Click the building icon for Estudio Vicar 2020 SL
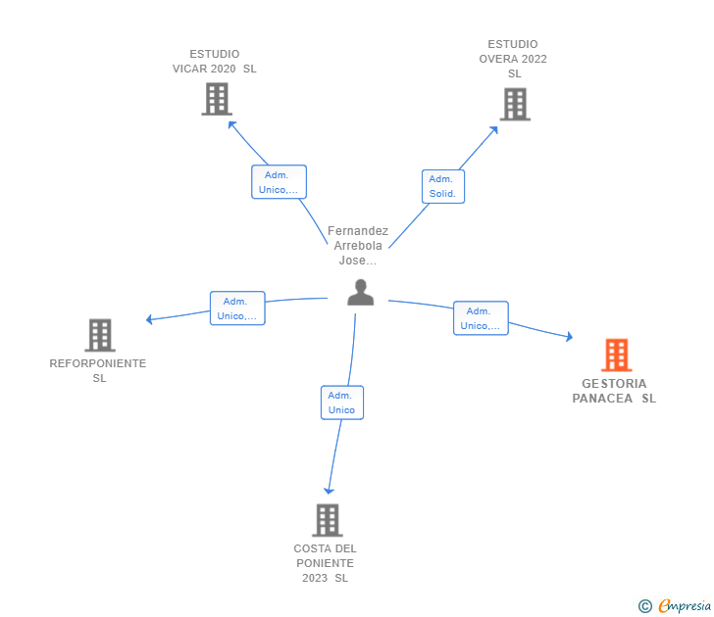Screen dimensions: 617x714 click(217, 99)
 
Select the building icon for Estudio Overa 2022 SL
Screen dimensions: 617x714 click(515, 105)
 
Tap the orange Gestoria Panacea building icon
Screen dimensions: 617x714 click(616, 355)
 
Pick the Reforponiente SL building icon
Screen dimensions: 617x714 click(100, 335)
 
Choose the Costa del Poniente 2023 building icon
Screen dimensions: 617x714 click(328, 520)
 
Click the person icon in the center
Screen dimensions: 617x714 click(361, 293)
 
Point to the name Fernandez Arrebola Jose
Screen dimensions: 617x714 click(358, 246)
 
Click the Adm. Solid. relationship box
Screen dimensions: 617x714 click(443, 186)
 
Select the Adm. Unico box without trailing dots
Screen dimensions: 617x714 click(341, 403)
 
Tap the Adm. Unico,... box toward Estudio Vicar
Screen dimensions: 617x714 click(280, 182)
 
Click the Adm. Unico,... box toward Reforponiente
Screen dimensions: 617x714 click(237, 308)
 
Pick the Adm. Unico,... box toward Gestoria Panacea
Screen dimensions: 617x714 click(481, 318)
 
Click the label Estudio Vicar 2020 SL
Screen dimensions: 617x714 click(215, 62)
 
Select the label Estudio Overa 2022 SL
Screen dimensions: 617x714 click(514, 59)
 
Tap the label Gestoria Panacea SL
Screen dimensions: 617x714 click(615, 391)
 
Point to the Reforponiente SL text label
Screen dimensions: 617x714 click(98, 370)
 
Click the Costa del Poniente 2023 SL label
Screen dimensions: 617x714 click(326, 563)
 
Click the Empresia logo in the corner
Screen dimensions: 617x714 click(676, 606)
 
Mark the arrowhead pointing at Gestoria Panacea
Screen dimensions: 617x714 click(569, 337)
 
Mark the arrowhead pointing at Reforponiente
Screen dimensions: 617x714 click(149, 319)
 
